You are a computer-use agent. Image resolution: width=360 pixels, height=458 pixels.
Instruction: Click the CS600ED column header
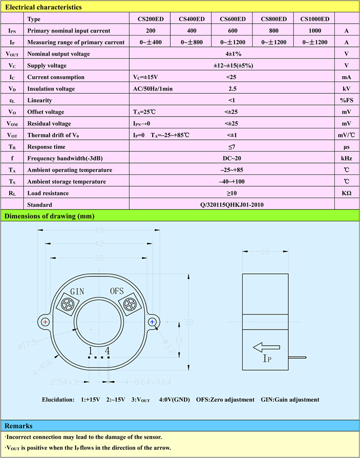232,19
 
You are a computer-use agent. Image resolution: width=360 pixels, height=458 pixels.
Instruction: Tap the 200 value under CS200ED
151,31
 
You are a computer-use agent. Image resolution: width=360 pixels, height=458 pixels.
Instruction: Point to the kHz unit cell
346,158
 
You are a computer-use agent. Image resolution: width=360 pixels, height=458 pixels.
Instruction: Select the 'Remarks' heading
19,426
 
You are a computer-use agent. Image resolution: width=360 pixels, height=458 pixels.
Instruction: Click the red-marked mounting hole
46,322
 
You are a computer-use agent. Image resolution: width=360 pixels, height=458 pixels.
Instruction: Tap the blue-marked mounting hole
152,322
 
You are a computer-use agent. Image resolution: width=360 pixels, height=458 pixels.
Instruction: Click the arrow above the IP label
266,347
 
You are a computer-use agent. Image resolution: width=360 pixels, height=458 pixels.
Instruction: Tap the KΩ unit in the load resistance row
346,193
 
